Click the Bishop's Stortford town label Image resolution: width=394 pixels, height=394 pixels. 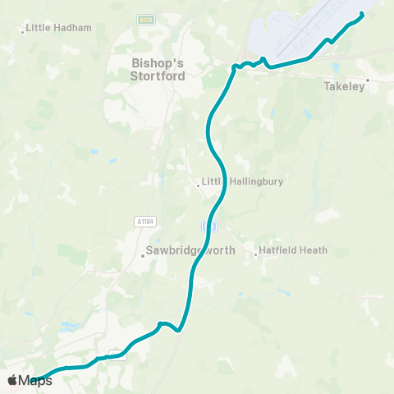(158, 69)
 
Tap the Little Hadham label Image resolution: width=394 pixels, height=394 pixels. (58, 27)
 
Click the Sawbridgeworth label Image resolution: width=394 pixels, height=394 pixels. (190, 250)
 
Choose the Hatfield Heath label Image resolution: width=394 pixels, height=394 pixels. (293, 250)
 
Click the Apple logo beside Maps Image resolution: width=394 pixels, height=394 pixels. (12, 380)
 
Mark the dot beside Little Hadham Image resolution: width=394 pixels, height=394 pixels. (22, 32)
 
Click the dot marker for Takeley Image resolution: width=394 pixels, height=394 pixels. (368, 80)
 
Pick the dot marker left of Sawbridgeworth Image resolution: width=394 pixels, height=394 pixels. (142, 255)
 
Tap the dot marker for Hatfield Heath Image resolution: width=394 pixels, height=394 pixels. (255, 254)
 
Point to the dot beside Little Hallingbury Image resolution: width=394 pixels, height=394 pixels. (199, 186)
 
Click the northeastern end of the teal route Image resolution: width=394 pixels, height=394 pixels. (363, 13)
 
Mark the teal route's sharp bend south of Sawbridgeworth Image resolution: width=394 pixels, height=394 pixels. (179, 331)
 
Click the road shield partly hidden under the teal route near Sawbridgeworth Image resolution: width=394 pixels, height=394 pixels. (208, 224)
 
